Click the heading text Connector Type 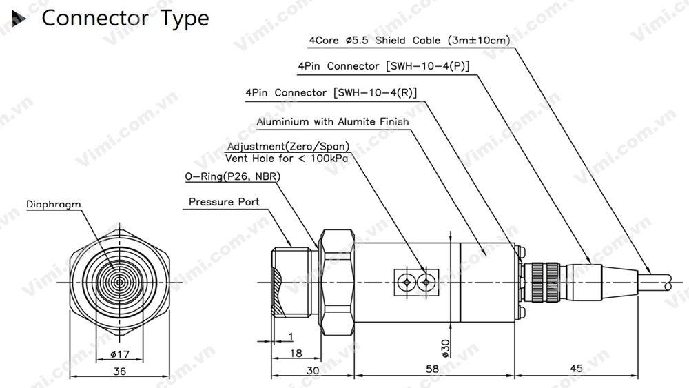(x=125, y=19)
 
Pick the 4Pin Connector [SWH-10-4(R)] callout (x=331, y=92)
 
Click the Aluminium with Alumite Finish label (x=332, y=122)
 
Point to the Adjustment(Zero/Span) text (x=287, y=147)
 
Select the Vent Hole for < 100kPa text (x=287, y=158)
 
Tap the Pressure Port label (x=224, y=202)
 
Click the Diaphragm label (x=54, y=205)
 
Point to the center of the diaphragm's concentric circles (x=120, y=283)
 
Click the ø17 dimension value (x=121, y=356)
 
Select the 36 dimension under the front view (x=120, y=371)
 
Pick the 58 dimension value (x=432, y=369)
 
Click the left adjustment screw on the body (x=408, y=282)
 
